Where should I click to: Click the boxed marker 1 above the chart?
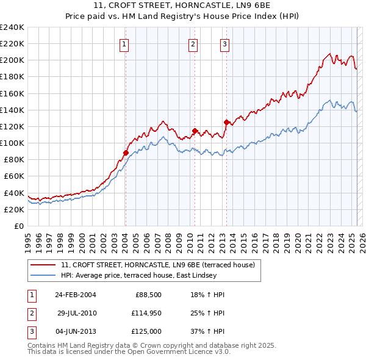pos(124,43)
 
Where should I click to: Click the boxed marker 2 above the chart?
pos(193,43)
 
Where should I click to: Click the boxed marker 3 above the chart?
pos(224,43)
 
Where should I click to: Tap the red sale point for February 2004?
pos(126,153)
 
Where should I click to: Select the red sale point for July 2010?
pos(195,131)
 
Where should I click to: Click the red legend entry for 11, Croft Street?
pos(161,265)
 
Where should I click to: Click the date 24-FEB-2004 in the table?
pos(75,295)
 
